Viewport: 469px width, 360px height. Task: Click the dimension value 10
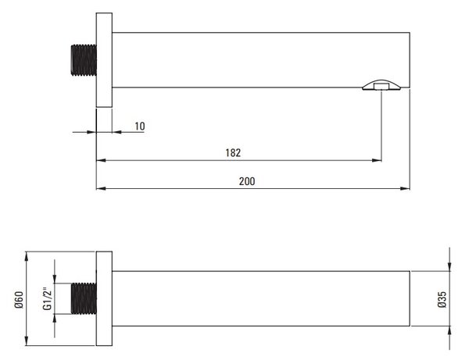click(x=140, y=126)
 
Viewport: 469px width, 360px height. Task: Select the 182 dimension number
click(x=233, y=153)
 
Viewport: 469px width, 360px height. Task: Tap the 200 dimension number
click(x=247, y=181)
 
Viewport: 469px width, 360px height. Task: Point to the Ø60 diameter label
click(x=19, y=300)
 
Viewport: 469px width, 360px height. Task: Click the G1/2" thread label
click(x=48, y=299)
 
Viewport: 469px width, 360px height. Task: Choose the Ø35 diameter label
click(x=442, y=299)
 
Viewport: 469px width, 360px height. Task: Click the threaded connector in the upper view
click(x=84, y=60)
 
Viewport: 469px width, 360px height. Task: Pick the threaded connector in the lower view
click(x=84, y=298)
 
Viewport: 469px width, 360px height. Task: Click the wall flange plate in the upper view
click(x=104, y=60)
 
